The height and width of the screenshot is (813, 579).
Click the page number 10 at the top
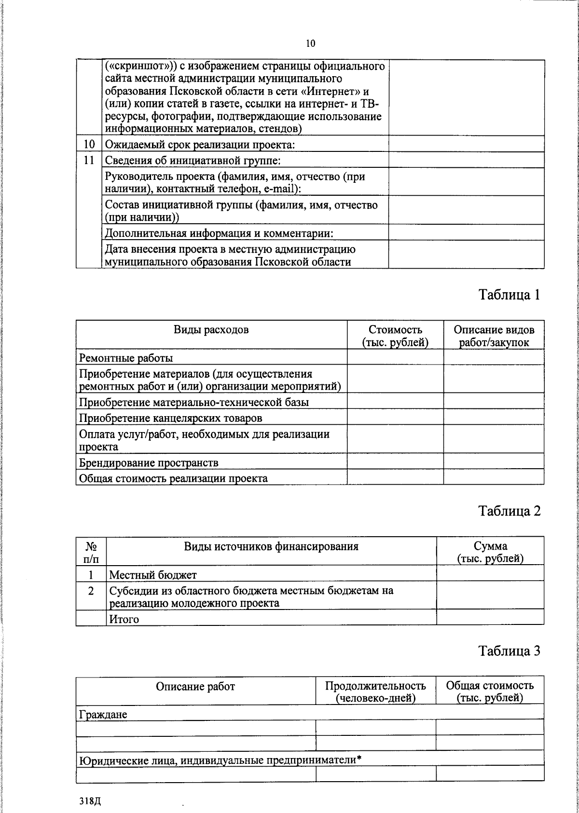tap(310, 43)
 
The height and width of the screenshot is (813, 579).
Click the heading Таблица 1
tap(509, 295)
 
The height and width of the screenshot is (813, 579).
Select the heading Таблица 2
tap(509, 511)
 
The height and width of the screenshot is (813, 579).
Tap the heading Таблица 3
tap(509, 651)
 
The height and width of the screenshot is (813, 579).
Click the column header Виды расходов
tap(211, 330)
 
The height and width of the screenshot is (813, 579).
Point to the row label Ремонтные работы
tap(126, 358)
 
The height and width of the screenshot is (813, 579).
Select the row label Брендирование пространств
tap(149, 463)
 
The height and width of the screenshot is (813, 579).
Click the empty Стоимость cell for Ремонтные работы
tap(395, 357)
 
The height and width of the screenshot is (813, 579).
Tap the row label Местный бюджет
tap(153, 575)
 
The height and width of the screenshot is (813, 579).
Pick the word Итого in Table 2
tap(124, 619)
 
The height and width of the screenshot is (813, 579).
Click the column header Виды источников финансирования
tap(271, 546)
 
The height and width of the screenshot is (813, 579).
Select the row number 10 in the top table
tap(89, 145)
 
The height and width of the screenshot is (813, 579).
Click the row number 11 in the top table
tap(89, 161)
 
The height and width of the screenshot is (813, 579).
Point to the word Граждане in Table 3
tap(103, 714)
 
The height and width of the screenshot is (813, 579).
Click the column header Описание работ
tap(195, 686)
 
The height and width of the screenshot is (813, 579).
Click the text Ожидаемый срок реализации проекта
tap(200, 145)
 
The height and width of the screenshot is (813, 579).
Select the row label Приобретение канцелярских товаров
tap(171, 418)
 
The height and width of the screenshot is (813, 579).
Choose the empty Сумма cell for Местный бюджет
tap(490, 574)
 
